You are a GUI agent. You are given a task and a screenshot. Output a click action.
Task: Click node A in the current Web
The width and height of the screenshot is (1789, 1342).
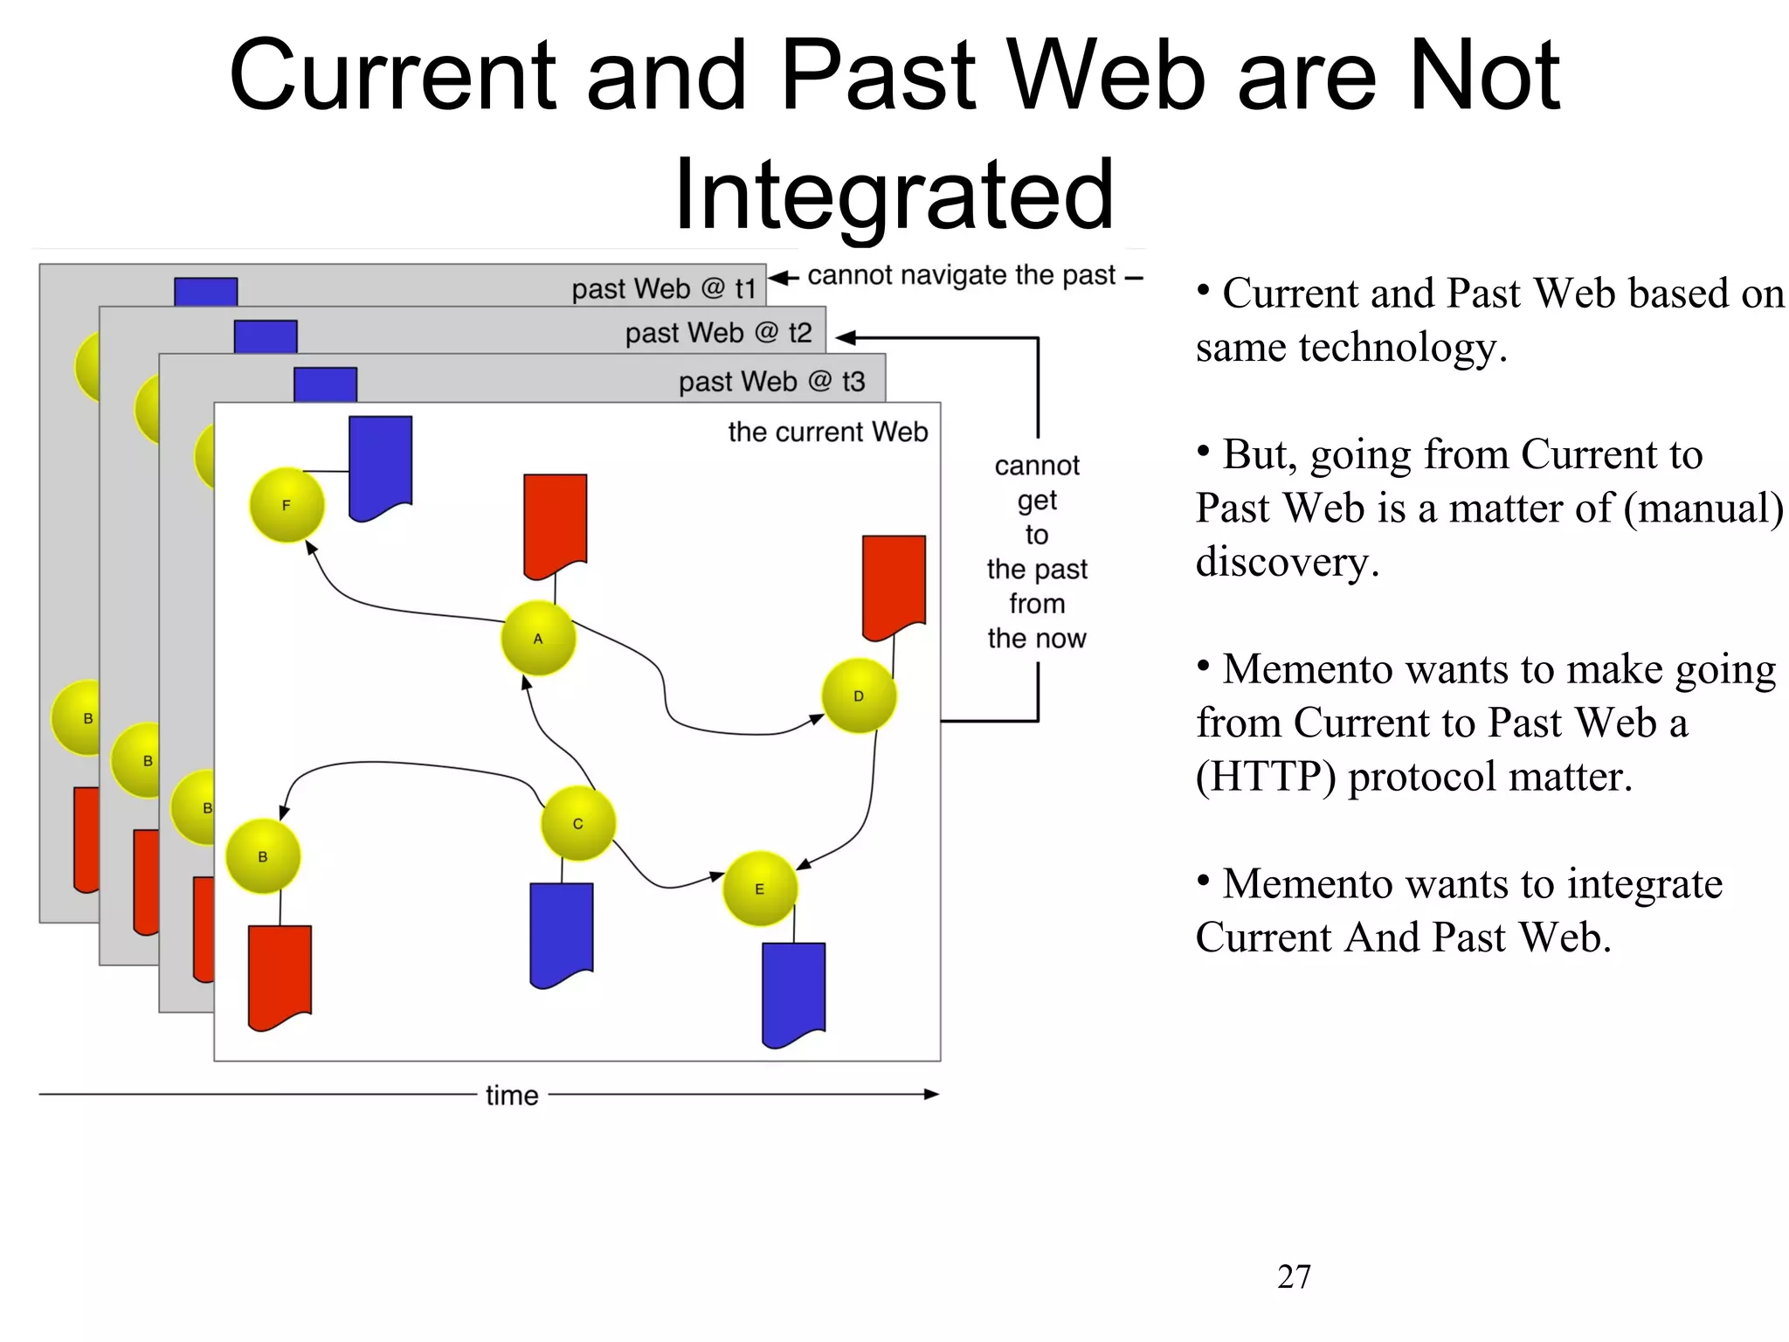pos(538,639)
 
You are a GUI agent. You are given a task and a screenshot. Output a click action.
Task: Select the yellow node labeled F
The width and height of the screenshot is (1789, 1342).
pos(287,505)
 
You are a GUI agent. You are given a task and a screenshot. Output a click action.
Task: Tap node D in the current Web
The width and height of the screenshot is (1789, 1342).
pos(859,696)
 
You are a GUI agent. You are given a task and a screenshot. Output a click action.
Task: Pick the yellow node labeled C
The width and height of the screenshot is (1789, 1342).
pos(577,824)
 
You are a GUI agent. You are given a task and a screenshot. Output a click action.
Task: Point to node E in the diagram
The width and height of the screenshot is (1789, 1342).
pos(759,889)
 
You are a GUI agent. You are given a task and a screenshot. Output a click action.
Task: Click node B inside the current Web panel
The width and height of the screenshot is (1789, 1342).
pos(263,857)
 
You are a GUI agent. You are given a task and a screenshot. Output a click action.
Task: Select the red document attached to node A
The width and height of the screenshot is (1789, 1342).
pos(555,524)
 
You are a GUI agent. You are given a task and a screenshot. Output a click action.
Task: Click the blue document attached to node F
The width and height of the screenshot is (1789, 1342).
pos(380,467)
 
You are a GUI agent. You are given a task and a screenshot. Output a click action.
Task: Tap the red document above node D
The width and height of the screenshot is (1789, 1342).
pos(894,585)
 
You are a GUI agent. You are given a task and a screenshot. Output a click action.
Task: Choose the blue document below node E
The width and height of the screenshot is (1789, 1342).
pos(793,993)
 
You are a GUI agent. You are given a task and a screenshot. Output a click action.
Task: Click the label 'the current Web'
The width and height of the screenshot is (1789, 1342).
pos(827,432)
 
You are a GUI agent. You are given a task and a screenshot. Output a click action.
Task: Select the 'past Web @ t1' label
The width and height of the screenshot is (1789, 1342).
pos(663,288)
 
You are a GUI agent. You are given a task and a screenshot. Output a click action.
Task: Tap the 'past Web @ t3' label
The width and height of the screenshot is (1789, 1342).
pos(771,381)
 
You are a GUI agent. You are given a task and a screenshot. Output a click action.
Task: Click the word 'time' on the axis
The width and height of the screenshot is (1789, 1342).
pos(512,1095)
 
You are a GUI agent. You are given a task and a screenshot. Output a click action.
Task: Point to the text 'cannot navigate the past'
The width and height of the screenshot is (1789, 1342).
pos(961,275)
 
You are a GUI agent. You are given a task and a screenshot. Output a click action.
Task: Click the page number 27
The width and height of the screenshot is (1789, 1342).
pos(1294,1276)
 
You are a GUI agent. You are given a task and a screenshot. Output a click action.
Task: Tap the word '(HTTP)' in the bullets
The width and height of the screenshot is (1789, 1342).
pos(1265,776)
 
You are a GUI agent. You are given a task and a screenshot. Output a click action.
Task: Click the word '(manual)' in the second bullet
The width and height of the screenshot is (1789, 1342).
pos(1703,508)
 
